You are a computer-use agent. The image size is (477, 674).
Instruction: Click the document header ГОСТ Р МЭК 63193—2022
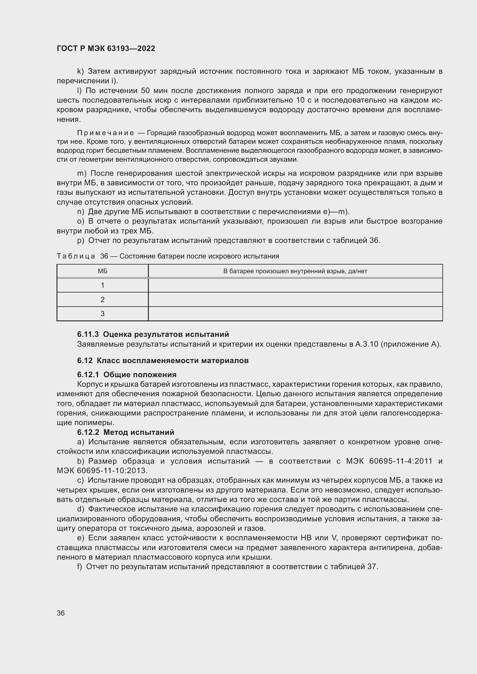tap(106, 48)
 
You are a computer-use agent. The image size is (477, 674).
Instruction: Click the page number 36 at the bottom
tap(61, 613)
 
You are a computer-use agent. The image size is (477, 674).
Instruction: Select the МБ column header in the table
tap(102, 271)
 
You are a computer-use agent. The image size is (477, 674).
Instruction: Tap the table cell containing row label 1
tap(102, 285)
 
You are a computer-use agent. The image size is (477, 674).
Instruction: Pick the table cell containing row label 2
tap(102, 299)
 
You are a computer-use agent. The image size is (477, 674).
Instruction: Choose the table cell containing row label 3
tap(102, 314)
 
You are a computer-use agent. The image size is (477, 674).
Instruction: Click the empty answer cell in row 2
tap(295, 299)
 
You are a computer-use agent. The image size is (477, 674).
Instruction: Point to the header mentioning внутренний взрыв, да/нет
tap(295, 271)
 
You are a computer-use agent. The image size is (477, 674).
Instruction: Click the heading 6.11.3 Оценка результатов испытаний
tap(153, 334)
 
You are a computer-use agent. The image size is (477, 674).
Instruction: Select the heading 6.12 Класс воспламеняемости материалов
tap(163, 360)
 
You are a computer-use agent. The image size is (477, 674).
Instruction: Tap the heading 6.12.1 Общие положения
tap(127, 375)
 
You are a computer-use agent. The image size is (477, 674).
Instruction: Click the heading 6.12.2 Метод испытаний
tap(126, 432)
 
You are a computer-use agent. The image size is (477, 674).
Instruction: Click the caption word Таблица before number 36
tap(76, 256)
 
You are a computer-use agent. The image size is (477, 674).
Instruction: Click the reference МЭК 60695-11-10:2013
tap(102, 471)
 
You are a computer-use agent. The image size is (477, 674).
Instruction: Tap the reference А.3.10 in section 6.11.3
tap(367, 344)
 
